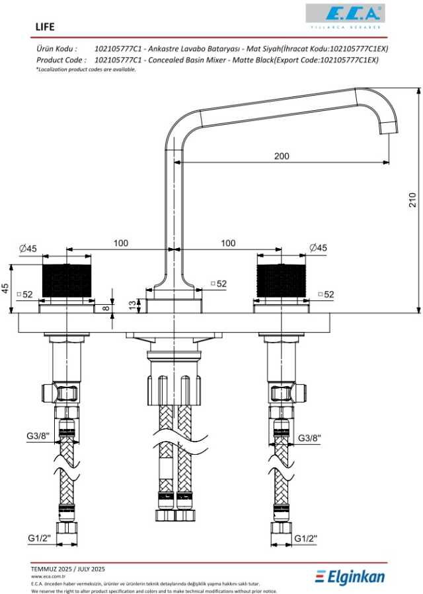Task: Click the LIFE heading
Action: pos(45,27)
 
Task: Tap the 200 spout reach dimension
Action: pos(282,156)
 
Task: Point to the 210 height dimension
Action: pos(412,199)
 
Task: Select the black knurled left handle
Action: pos(66,280)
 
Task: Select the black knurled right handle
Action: pos(281,280)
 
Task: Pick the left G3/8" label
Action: pos(38,436)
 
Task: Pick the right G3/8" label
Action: pos(309,438)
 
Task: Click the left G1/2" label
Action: pos(40,538)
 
